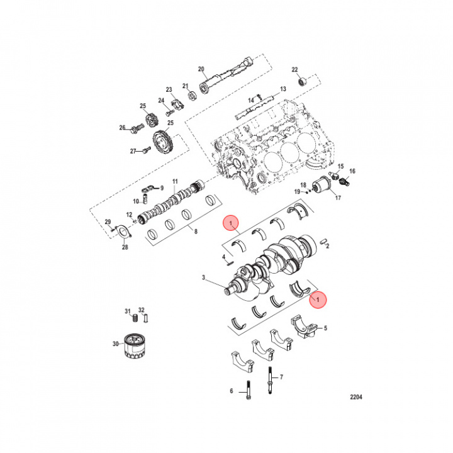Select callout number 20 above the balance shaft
pyautogui.click(x=201, y=69)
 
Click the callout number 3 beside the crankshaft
pyautogui.click(x=203, y=277)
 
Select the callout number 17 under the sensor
pyautogui.click(x=337, y=198)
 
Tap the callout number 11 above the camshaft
pyautogui.click(x=176, y=181)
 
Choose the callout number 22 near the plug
pyautogui.click(x=294, y=69)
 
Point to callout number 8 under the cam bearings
pyautogui.click(x=195, y=232)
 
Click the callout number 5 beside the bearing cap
pyautogui.click(x=326, y=328)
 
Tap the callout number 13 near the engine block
pyautogui.click(x=282, y=89)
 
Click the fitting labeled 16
pyautogui.click(x=345, y=182)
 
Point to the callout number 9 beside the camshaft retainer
pyautogui.click(x=160, y=187)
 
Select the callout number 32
pyautogui.click(x=142, y=310)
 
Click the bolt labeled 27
pyautogui.click(x=146, y=150)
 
